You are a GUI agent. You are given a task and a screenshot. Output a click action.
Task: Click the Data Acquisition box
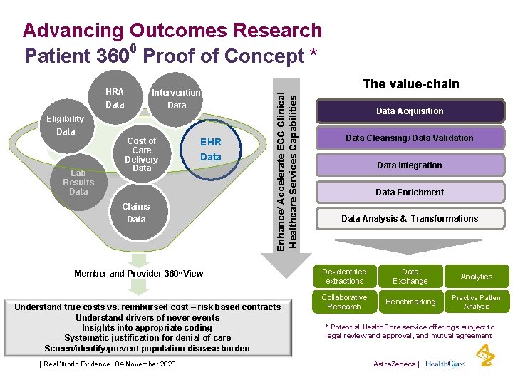[x=410, y=111]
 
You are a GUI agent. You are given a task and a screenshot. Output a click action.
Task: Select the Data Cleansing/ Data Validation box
[x=410, y=138]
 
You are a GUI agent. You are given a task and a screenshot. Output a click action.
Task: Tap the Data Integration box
[x=410, y=165]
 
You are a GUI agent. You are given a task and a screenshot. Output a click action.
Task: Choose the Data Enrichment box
[x=410, y=192]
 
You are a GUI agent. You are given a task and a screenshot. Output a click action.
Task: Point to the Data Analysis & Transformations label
[x=410, y=219]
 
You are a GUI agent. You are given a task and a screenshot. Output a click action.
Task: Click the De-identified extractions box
[x=344, y=277]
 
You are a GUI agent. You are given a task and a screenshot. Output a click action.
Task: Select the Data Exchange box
[x=410, y=277]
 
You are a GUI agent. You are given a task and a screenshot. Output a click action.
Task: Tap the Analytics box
[x=477, y=277]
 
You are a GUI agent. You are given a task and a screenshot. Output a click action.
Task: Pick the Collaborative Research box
[x=344, y=302]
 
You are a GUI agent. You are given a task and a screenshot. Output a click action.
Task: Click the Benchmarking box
[x=410, y=302]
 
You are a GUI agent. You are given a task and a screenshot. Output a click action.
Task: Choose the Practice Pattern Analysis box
[x=477, y=302]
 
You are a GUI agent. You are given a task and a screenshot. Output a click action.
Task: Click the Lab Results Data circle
[x=78, y=183]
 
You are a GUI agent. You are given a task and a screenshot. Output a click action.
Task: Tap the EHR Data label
[x=211, y=150]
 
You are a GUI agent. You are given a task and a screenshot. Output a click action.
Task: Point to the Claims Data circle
[x=136, y=213]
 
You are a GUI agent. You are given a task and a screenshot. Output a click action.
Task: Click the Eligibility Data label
[x=66, y=125]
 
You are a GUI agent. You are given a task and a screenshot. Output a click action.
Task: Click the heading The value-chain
[x=410, y=84]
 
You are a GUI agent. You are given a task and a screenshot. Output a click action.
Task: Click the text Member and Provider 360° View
[x=139, y=273]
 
